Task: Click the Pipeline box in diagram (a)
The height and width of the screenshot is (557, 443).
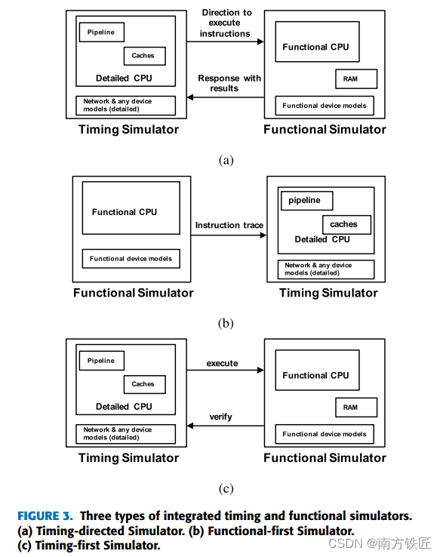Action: [101, 32]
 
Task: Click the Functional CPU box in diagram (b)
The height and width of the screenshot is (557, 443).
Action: [125, 212]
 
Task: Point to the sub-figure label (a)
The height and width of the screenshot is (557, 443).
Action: [226, 160]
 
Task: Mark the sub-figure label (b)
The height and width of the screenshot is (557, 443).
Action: [226, 323]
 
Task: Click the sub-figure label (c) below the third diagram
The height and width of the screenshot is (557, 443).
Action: [226, 488]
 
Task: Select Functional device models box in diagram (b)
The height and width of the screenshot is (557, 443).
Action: [131, 259]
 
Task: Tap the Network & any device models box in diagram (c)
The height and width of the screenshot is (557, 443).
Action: [125, 434]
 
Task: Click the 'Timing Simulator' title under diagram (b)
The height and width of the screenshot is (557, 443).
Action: [328, 293]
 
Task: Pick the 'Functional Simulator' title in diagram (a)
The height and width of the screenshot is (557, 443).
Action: [325, 129]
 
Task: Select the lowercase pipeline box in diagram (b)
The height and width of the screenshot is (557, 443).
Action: [306, 201]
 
